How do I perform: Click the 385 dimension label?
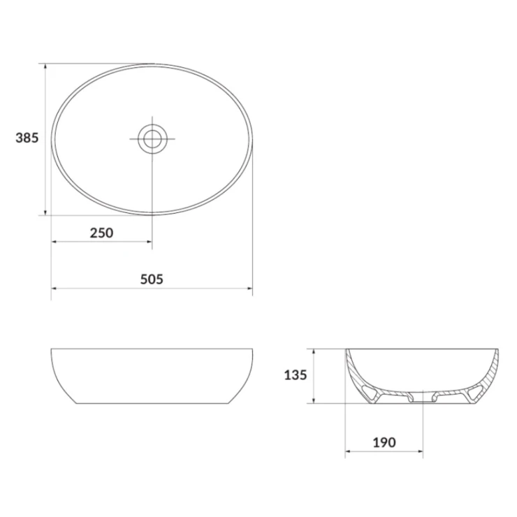click(x=27, y=138)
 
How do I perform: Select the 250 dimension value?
click(x=101, y=233)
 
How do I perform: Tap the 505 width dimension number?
click(x=152, y=279)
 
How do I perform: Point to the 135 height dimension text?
click(x=296, y=375)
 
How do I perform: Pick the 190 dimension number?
click(x=384, y=442)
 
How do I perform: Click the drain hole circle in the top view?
click(x=152, y=139)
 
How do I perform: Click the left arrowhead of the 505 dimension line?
click(x=54, y=289)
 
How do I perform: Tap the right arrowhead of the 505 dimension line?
click(x=249, y=289)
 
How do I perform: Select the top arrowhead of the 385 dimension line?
click(x=45, y=67)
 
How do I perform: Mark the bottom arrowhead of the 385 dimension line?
click(x=45, y=212)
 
